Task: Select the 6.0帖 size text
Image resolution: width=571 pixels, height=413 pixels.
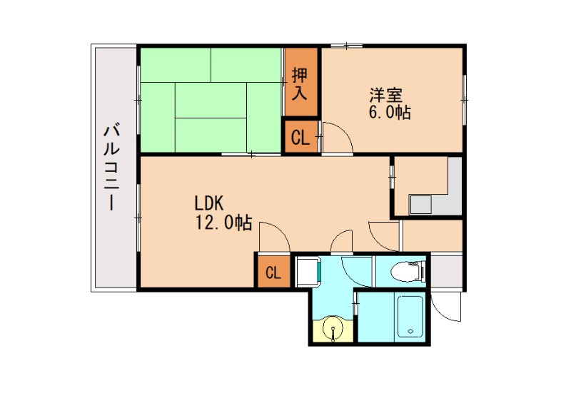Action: pos(390,113)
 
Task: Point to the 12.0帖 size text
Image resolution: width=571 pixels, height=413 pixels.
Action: pos(223,223)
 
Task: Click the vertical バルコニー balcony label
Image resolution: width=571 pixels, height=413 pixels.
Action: pos(111,168)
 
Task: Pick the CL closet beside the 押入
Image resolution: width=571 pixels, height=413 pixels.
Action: pos(300,138)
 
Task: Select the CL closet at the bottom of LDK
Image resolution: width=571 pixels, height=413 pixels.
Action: pos(273,272)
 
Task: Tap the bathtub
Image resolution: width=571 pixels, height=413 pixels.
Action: pos(410,317)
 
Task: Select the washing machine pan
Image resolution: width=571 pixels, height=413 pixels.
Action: pos(308,271)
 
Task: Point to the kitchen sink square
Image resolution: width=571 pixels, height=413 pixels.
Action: pos(420,205)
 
